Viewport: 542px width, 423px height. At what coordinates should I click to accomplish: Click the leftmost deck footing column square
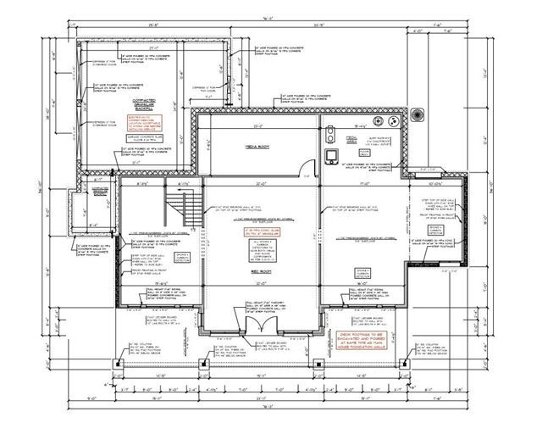(x=119, y=364)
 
